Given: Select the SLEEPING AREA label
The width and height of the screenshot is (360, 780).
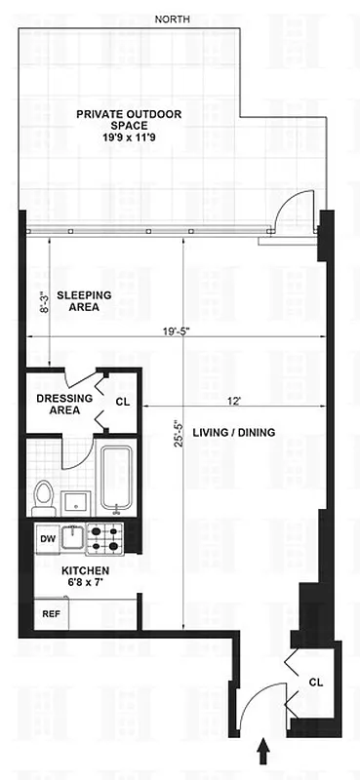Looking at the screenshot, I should [x=83, y=299].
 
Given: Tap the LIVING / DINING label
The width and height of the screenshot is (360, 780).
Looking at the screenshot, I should [x=232, y=432].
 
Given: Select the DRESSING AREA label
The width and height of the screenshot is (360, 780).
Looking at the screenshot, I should [x=64, y=404].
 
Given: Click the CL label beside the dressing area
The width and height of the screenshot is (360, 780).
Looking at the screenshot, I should [x=122, y=401].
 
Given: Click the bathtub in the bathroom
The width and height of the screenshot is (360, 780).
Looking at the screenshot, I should [x=116, y=481].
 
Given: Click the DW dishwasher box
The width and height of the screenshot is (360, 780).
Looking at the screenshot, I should [x=47, y=537].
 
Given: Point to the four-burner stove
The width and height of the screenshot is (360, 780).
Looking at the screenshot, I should [x=104, y=537].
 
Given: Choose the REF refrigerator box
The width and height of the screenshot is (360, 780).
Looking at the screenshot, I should [x=48, y=615].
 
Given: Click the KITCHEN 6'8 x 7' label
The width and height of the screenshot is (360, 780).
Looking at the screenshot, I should [x=86, y=576].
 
